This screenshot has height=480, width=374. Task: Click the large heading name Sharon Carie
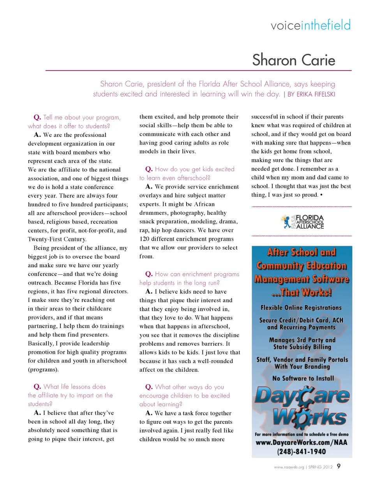coord(293,60)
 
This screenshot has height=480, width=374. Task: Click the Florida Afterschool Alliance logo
coord(302,221)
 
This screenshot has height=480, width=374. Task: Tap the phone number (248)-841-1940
coord(302,452)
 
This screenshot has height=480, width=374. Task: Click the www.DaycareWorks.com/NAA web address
coord(302,443)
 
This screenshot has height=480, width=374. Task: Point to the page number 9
coord(339,466)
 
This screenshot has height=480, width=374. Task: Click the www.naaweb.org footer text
coord(288,466)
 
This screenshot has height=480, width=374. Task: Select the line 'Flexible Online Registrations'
coord(302,308)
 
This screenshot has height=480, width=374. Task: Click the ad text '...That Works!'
coord(302,292)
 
